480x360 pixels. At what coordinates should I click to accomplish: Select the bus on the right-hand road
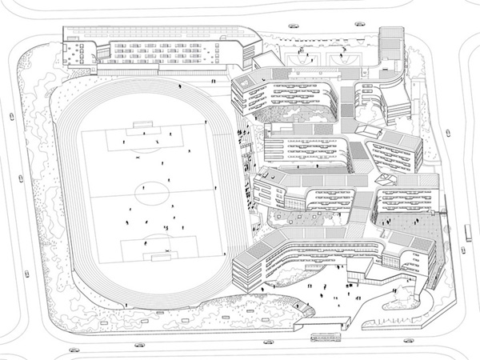[466, 232]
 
